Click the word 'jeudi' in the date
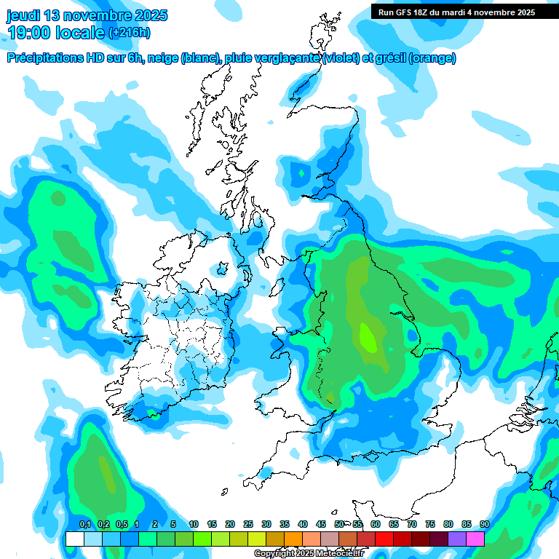coord(22,15)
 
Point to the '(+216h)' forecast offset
coord(130,32)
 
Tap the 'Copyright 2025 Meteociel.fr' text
coord(308,554)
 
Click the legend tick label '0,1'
coord(84,524)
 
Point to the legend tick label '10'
coord(194,524)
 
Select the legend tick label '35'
coord(285,524)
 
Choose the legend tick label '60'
coord(376,524)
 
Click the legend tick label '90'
coord(485,524)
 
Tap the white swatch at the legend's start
coord(74,539)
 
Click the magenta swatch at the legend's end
coord(475,539)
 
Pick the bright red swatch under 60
coord(384,539)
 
